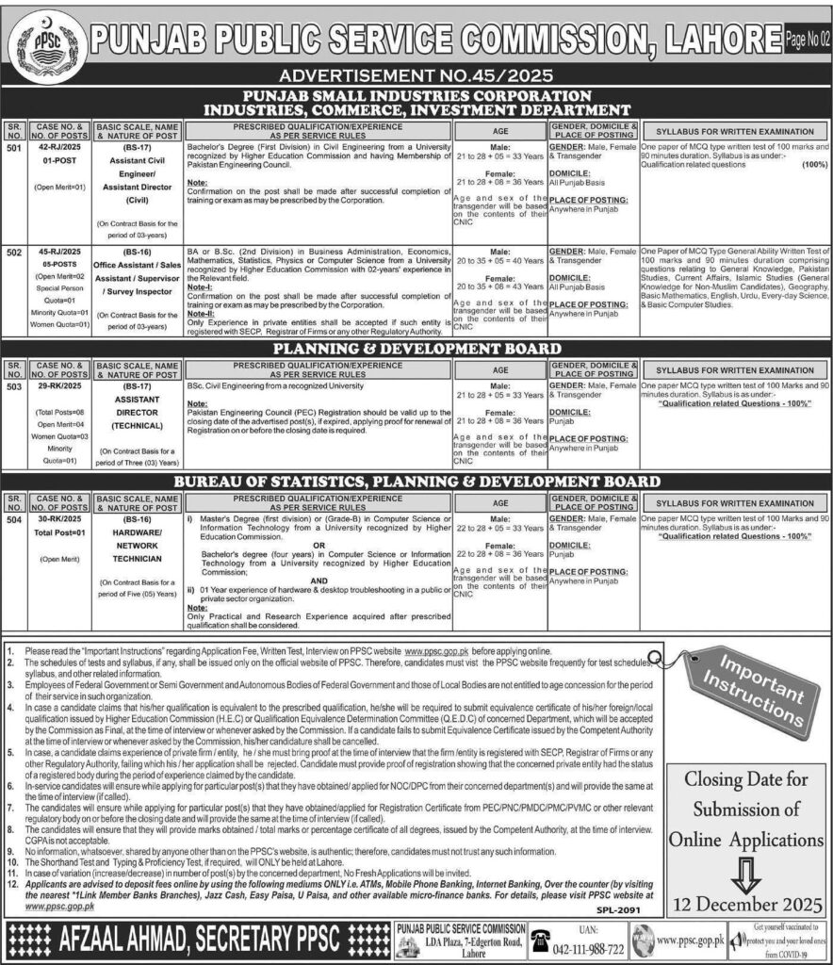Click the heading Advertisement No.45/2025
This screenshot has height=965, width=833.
(416, 75)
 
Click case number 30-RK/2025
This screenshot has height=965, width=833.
(57, 519)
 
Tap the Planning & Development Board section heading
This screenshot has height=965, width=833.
(416, 348)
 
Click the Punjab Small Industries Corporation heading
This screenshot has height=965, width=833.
(416, 96)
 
